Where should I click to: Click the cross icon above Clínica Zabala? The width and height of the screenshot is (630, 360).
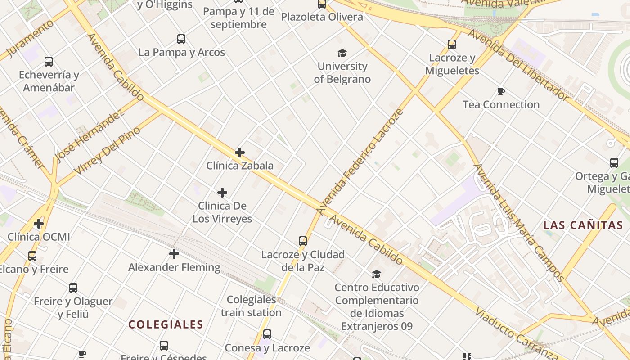pos(240,153)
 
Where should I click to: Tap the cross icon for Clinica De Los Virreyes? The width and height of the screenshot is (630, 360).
pos(222,193)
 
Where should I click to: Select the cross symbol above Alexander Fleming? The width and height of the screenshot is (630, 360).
pos(174,254)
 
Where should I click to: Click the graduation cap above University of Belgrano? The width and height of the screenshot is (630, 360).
pos(342,53)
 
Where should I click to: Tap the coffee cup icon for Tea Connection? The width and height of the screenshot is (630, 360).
pos(501,92)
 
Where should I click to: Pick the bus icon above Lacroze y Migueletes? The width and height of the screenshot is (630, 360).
pos(452,45)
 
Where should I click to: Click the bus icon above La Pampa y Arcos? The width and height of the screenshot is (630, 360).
pos(181,39)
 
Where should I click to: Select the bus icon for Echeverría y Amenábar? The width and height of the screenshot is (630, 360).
pos(49,62)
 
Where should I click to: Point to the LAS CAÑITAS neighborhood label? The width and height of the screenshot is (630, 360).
pos(582,225)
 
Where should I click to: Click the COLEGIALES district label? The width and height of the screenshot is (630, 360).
pos(166,324)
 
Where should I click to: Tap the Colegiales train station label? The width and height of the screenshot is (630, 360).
pos(251,306)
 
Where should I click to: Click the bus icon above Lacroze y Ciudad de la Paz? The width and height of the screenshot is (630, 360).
pos(303,241)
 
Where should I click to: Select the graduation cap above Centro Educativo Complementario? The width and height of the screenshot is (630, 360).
pos(377,274)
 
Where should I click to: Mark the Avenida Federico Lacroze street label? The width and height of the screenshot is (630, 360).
pos(360,161)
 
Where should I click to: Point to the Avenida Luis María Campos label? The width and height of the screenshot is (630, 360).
pos(517,223)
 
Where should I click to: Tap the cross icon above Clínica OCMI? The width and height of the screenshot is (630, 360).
pos(39,224)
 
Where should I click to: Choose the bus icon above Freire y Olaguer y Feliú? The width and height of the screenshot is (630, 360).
pos(73,288)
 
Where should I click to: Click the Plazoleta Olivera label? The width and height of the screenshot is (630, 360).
pos(322,17)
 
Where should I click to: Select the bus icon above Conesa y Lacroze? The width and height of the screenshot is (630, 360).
pos(267,334)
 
